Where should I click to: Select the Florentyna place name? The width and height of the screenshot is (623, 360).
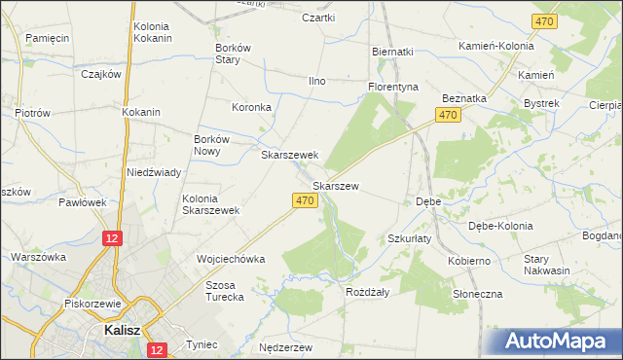point(392,87)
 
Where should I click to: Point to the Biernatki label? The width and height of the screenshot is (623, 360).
point(392,52)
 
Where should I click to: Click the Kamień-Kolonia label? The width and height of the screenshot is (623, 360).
point(496,46)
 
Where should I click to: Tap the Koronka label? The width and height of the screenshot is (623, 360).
point(250,107)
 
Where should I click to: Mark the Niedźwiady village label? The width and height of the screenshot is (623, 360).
point(154,172)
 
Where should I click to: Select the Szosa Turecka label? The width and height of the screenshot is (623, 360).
point(223,291)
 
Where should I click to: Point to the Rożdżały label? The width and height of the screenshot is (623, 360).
point(367,291)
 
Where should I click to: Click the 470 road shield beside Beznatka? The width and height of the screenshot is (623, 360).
point(448,116)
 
